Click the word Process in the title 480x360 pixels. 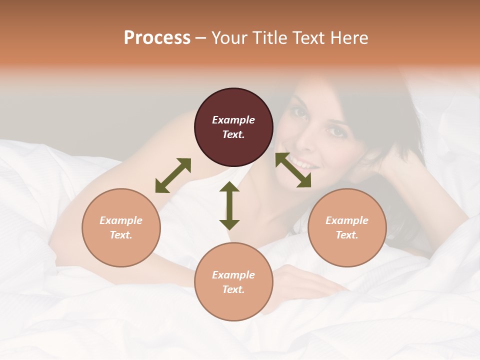click(x=157, y=37)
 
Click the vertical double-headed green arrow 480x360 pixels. click(x=229, y=205)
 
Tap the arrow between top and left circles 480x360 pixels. click(x=173, y=175)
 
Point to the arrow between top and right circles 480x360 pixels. click(x=293, y=170)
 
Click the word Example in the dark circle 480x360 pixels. click(x=233, y=120)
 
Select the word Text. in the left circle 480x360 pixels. click(x=121, y=235)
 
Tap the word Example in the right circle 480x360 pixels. click(x=346, y=220)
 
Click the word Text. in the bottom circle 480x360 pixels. click(x=233, y=289)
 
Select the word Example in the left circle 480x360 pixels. click(x=121, y=220)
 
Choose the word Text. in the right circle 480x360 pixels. click(x=346, y=235)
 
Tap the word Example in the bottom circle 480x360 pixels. click(x=233, y=275)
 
